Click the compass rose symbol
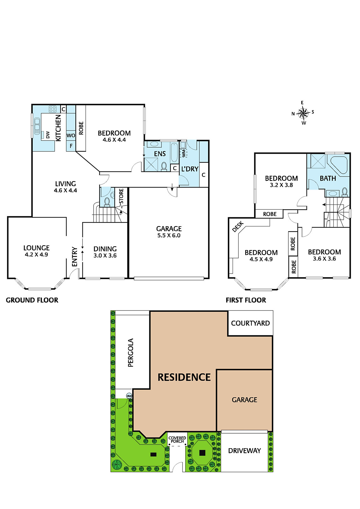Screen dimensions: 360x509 click(x=303, y=113)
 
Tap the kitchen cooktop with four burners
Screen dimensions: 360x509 click(x=53, y=109)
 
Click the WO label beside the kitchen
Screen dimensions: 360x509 click(x=71, y=136)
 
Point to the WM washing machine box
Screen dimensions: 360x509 click(x=183, y=153)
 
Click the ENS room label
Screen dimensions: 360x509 click(x=160, y=154)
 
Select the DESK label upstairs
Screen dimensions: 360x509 click(x=238, y=227)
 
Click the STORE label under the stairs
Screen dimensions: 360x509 click(x=121, y=196)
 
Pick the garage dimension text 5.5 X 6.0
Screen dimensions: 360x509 click(x=169, y=235)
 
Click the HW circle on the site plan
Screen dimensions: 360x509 click(x=129, y=396)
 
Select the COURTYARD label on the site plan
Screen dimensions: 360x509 click(x=251, y=323)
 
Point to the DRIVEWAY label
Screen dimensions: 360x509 click(x=244, y=450)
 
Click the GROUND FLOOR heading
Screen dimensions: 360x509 click(x=32, y=300)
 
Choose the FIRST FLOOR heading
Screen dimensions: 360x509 click(x=246, y=300)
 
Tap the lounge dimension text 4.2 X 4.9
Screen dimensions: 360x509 click(x=36, y=254)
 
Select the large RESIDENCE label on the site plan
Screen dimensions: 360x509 click(x=184, y=377)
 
